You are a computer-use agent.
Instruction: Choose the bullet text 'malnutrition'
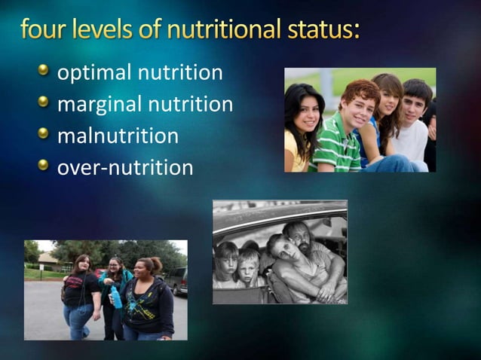tap(118, 136)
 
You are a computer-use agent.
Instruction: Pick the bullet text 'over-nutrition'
tap(125, 167)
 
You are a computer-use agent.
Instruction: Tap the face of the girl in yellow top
tap(308, 114)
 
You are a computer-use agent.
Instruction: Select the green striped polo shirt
tap(337, 147)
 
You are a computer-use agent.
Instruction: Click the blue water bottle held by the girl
tap(116, 297)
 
